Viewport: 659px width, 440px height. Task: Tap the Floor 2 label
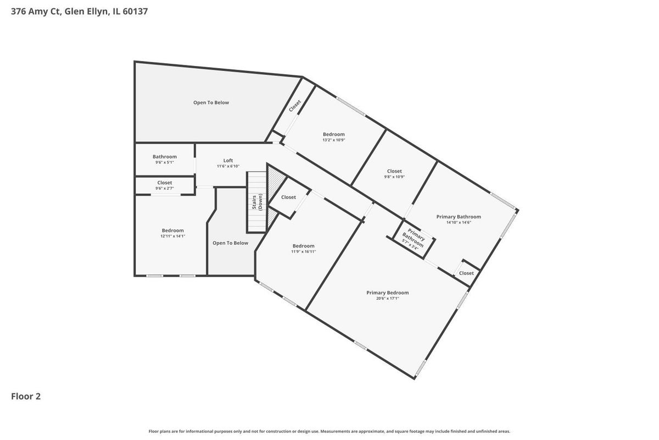tap(26, 397)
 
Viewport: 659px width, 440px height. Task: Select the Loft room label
tap(228, 161)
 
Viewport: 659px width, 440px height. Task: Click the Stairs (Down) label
tap(257, 202)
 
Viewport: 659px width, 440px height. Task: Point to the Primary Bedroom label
tap(388, 293)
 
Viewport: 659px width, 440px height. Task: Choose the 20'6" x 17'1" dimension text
tap(388, 298)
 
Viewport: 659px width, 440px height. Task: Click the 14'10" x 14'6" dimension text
tap(459, 223)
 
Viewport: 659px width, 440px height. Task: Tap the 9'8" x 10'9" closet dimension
tap(394, 177)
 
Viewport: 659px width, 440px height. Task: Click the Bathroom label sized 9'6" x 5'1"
tap(164, 157)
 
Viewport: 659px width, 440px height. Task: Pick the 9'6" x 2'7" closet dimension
tap(164, 188)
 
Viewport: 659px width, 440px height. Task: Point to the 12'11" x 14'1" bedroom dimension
tap(172, 236)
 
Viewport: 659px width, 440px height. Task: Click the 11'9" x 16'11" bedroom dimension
tap(303, 251)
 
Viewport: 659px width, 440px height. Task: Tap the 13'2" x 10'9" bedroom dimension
tap(334, 140)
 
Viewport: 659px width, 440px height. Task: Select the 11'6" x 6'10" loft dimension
tap(228, 166)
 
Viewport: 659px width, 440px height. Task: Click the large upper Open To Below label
tap(211, 102)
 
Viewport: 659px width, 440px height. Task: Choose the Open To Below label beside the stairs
tap(230, 243)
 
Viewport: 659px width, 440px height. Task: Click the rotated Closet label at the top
tap(295, 106)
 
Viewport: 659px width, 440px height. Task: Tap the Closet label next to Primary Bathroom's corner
tap(466, 273)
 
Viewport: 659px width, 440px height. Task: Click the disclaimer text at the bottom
tap(329, 431)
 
